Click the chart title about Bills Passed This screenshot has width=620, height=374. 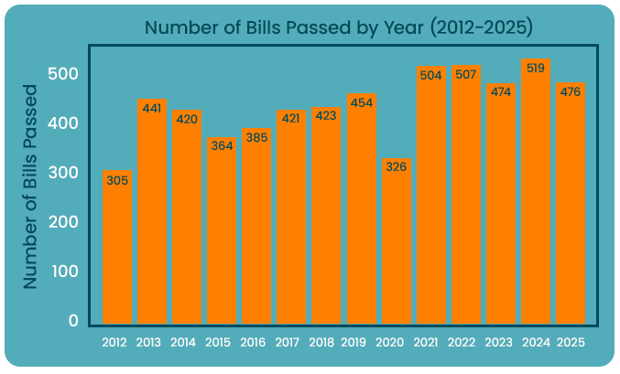click(339, 27)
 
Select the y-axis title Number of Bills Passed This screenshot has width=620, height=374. click(30, 187)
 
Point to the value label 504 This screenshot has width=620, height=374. click(431, 76)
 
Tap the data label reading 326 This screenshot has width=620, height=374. click(397, 167)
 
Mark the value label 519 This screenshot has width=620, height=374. click(536, 69)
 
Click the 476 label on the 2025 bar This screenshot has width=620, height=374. click(571, 91)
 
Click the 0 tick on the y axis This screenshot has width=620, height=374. click(73, 321)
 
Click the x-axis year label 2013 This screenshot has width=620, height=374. click(149, 343)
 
